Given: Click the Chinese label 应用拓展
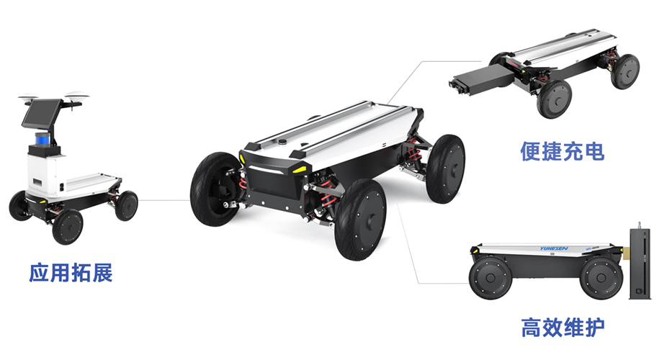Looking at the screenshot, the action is tap(71, 273).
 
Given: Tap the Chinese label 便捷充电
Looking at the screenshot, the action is tap(562, 151).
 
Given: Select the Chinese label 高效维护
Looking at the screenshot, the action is tap(562, 327).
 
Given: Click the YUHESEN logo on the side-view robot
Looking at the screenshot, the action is tap(554, 248).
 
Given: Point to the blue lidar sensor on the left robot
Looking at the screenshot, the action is tap(42, 138).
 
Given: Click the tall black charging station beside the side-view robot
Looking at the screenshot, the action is tap(640, 263).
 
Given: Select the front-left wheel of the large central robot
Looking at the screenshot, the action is tap(215, 189).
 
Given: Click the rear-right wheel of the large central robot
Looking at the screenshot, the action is tap(445, 169).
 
